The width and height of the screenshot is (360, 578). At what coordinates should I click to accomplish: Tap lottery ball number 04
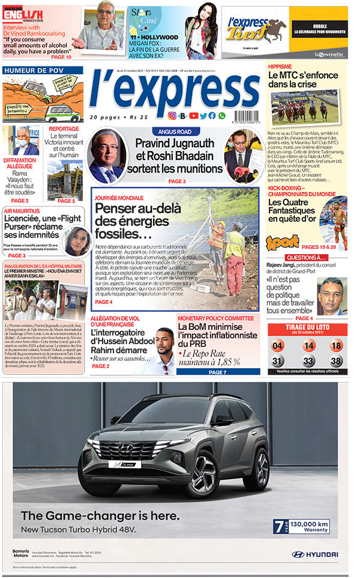(278, 346)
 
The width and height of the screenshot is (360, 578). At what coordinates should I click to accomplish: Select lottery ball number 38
(337, 361)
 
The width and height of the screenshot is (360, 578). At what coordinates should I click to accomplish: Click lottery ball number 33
(308, 361)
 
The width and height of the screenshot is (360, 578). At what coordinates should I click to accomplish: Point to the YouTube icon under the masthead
(193, 116)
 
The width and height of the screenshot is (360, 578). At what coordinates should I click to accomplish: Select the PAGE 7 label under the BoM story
(217, 372)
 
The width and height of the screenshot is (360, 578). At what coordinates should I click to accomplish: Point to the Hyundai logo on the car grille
(127, 448)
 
